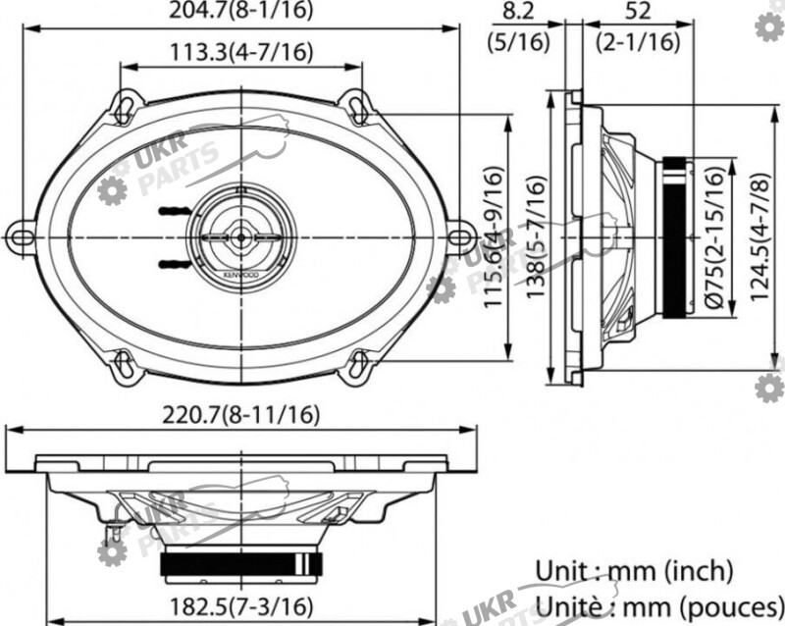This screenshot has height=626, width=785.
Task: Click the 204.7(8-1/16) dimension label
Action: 240,10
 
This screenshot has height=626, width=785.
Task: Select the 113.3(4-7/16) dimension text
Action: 241,52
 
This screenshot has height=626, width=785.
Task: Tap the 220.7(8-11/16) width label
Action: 240,415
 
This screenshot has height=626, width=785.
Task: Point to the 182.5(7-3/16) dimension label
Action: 241,607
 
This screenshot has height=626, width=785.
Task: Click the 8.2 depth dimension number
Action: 519,11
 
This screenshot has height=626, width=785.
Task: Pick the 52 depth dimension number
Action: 638,11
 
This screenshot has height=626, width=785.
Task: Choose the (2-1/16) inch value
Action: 639,41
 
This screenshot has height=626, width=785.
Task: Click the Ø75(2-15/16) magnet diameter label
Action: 715,236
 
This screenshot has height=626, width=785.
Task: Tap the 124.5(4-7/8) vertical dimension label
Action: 759,236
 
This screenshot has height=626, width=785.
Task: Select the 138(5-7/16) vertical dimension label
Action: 535,238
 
